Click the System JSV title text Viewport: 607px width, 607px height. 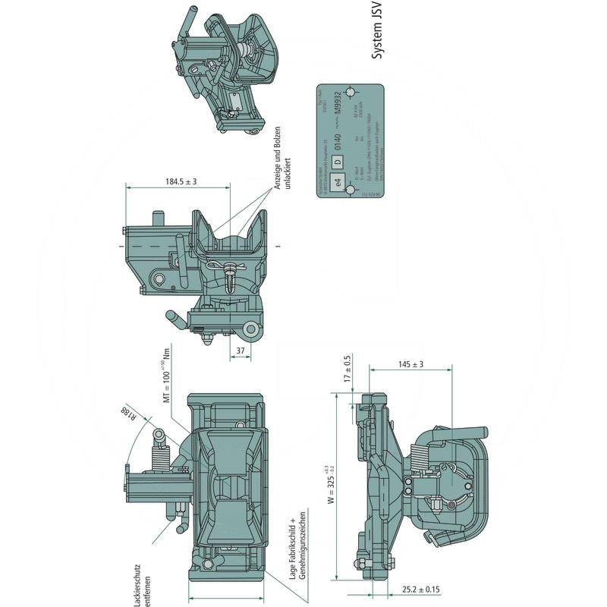(x=376, y=30)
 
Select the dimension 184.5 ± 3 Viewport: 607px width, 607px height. (x=181, y=181)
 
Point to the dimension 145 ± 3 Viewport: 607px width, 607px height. (x=410, y=365)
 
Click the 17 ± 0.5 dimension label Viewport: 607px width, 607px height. (x=348, y=370)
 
